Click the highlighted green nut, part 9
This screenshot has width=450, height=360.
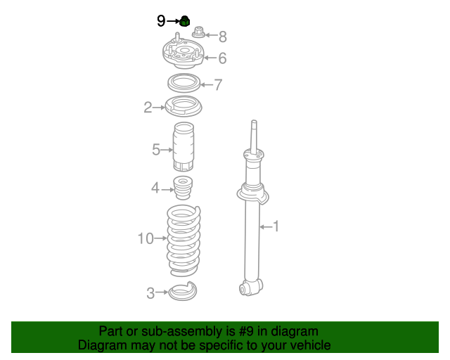pos(185,21)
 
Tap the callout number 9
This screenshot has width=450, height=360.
pos(161,21)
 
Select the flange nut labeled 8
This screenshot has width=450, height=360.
pos(198,32)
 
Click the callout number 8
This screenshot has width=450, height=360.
pos(222,37)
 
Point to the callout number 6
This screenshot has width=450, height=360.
pos(221,58)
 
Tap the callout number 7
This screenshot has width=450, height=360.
pos(218,85)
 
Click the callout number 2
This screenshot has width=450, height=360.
pos(148,108)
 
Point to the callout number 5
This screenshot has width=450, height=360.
pos(156,149)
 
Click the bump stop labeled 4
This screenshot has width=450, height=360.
pos(183,188)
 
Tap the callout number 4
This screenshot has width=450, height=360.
pos(155,188)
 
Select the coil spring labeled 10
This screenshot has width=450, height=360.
pos(184,240)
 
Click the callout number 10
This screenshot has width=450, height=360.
pos(145,239)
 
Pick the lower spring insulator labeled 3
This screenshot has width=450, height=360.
pos(184,291)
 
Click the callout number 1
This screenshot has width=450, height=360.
pos(276,226)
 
